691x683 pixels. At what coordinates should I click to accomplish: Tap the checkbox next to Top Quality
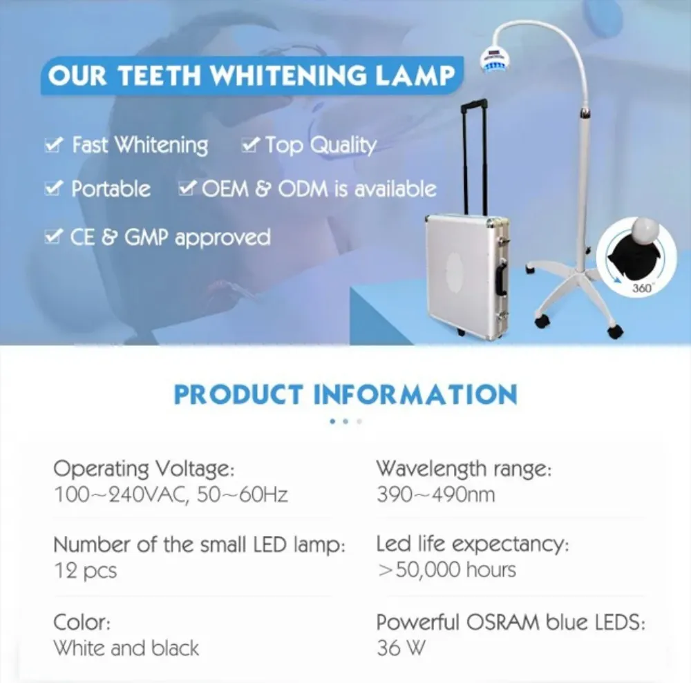pyautogui.click(x=249, y=146)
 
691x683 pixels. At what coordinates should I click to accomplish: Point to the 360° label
pyautogui.click(x=642, y=289)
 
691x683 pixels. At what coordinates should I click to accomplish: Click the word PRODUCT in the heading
pyautogui.click(x=238, y=395)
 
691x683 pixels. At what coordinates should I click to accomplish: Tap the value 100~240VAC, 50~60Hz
pyautogui.click(x=171, y=494)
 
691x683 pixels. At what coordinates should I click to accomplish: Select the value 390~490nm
pyautogui.click(x=435, y=494)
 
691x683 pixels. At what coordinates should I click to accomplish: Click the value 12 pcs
pyautogui.click(x=85, y=570)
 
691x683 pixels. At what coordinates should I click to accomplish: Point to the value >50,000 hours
pyautogui.click(x=446, y=570)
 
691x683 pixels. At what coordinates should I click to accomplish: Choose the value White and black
pyautogui.click(x=126, y=648)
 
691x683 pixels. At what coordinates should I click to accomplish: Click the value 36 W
pyautogui.click(x=401, y=648)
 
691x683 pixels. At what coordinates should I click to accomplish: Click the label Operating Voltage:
pyautogui.click(x=144, y=469)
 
